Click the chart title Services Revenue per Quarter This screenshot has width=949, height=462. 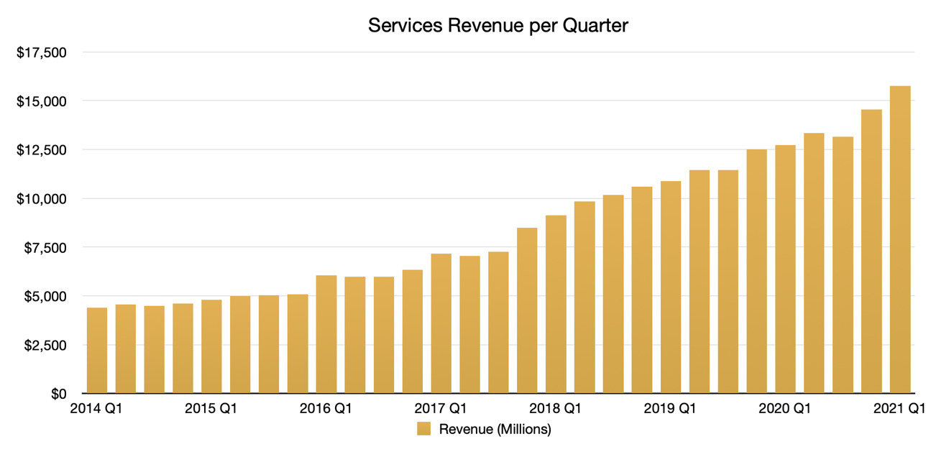[498, 25]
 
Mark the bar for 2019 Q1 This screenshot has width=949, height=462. [670, 287]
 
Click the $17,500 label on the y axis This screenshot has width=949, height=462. [41, 52]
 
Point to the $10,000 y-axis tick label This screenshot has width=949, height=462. [41, 199]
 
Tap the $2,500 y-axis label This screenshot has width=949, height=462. [45, 345]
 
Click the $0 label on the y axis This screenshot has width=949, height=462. [58, 394]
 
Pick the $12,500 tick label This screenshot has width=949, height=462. [41, 150]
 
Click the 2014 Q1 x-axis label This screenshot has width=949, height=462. [97, 410]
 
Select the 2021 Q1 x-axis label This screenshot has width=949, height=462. [899, 410]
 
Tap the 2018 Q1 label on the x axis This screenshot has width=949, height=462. [556, 410]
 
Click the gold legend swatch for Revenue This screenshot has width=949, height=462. [424, 430]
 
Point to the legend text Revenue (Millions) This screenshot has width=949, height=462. [495, 430]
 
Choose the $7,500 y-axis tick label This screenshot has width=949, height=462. [45, 248]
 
